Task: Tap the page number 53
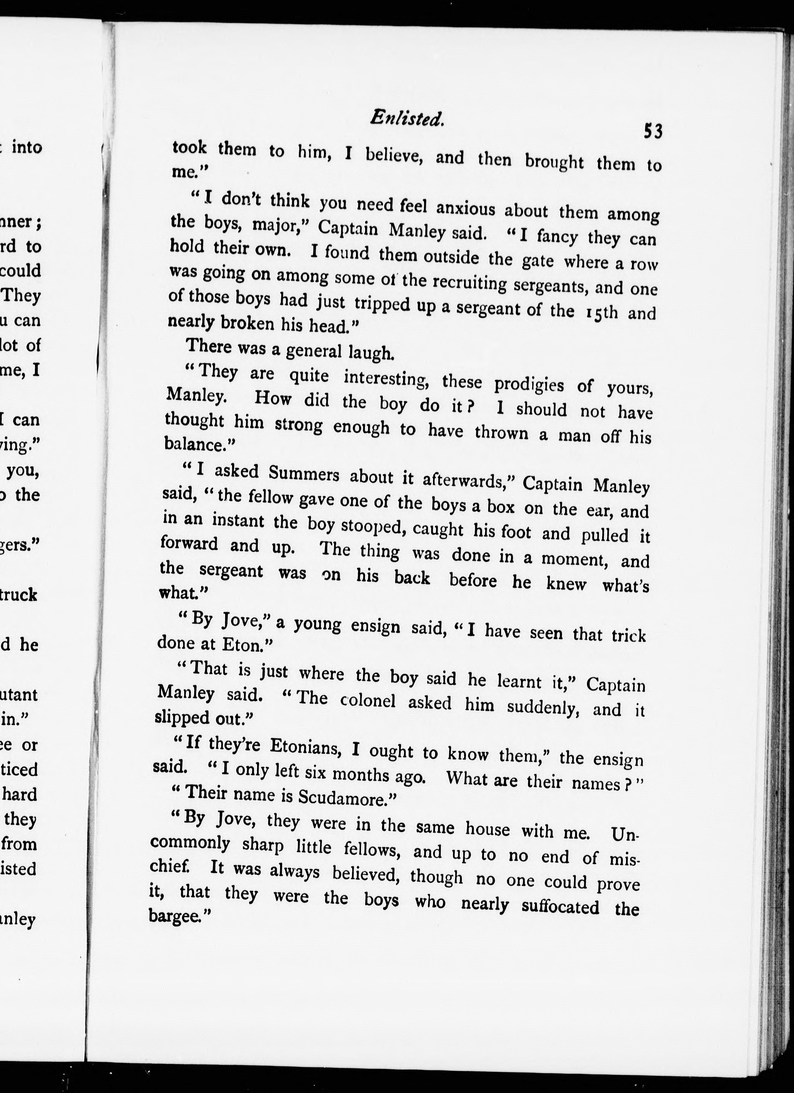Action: pos(653,131)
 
